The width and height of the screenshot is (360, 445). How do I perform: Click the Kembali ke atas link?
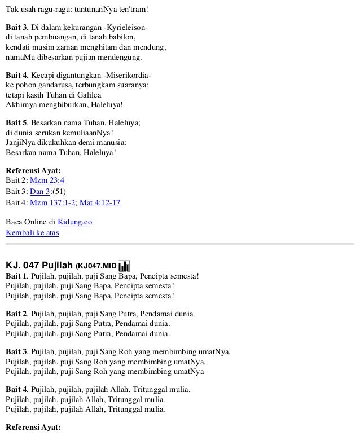click(32, 232)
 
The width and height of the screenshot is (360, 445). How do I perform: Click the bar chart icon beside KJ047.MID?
click(124, 265)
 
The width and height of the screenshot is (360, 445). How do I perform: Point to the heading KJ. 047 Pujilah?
click(39, 265)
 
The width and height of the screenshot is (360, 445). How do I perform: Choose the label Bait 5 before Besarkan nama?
click(16, 122)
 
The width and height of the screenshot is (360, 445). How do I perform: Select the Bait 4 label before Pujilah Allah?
click(16, 390)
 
